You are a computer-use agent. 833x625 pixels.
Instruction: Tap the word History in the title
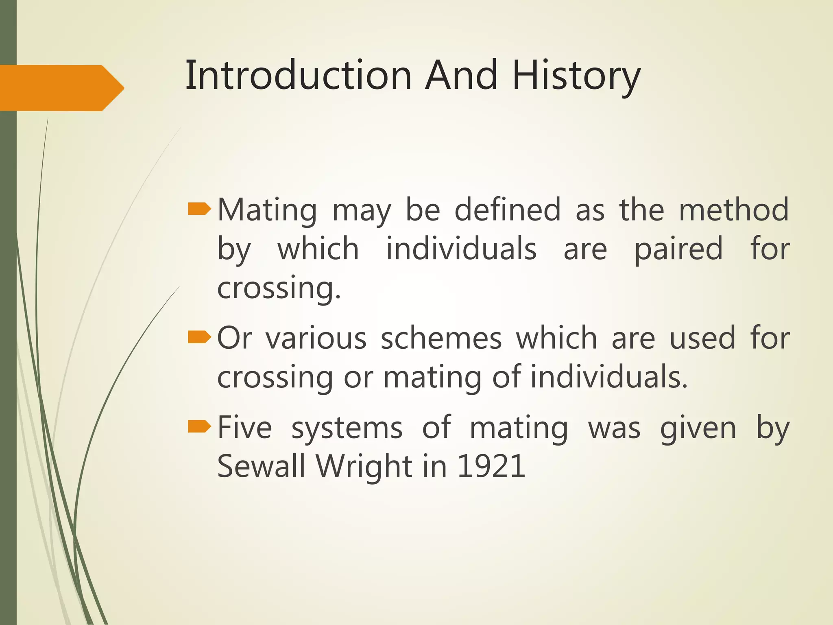[576, 76]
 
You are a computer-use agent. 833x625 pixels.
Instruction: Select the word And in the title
[461, 75]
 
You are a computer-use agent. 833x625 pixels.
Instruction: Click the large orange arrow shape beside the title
[61, 88]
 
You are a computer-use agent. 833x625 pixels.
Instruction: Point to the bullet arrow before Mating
[199, 210]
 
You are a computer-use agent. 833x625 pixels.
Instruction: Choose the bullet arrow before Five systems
[199, 427]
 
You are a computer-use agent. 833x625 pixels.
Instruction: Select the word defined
[507, 210]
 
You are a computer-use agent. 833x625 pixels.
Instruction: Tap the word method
[734, 210]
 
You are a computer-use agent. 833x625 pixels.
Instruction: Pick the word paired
[678, 249]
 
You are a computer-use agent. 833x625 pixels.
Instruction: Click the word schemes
[441, 338]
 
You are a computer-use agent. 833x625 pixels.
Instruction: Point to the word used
[702, 338]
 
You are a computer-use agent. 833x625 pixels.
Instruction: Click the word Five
[245, 428]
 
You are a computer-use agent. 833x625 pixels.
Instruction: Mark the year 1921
[491, 466]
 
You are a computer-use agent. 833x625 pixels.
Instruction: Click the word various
[316, 338]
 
